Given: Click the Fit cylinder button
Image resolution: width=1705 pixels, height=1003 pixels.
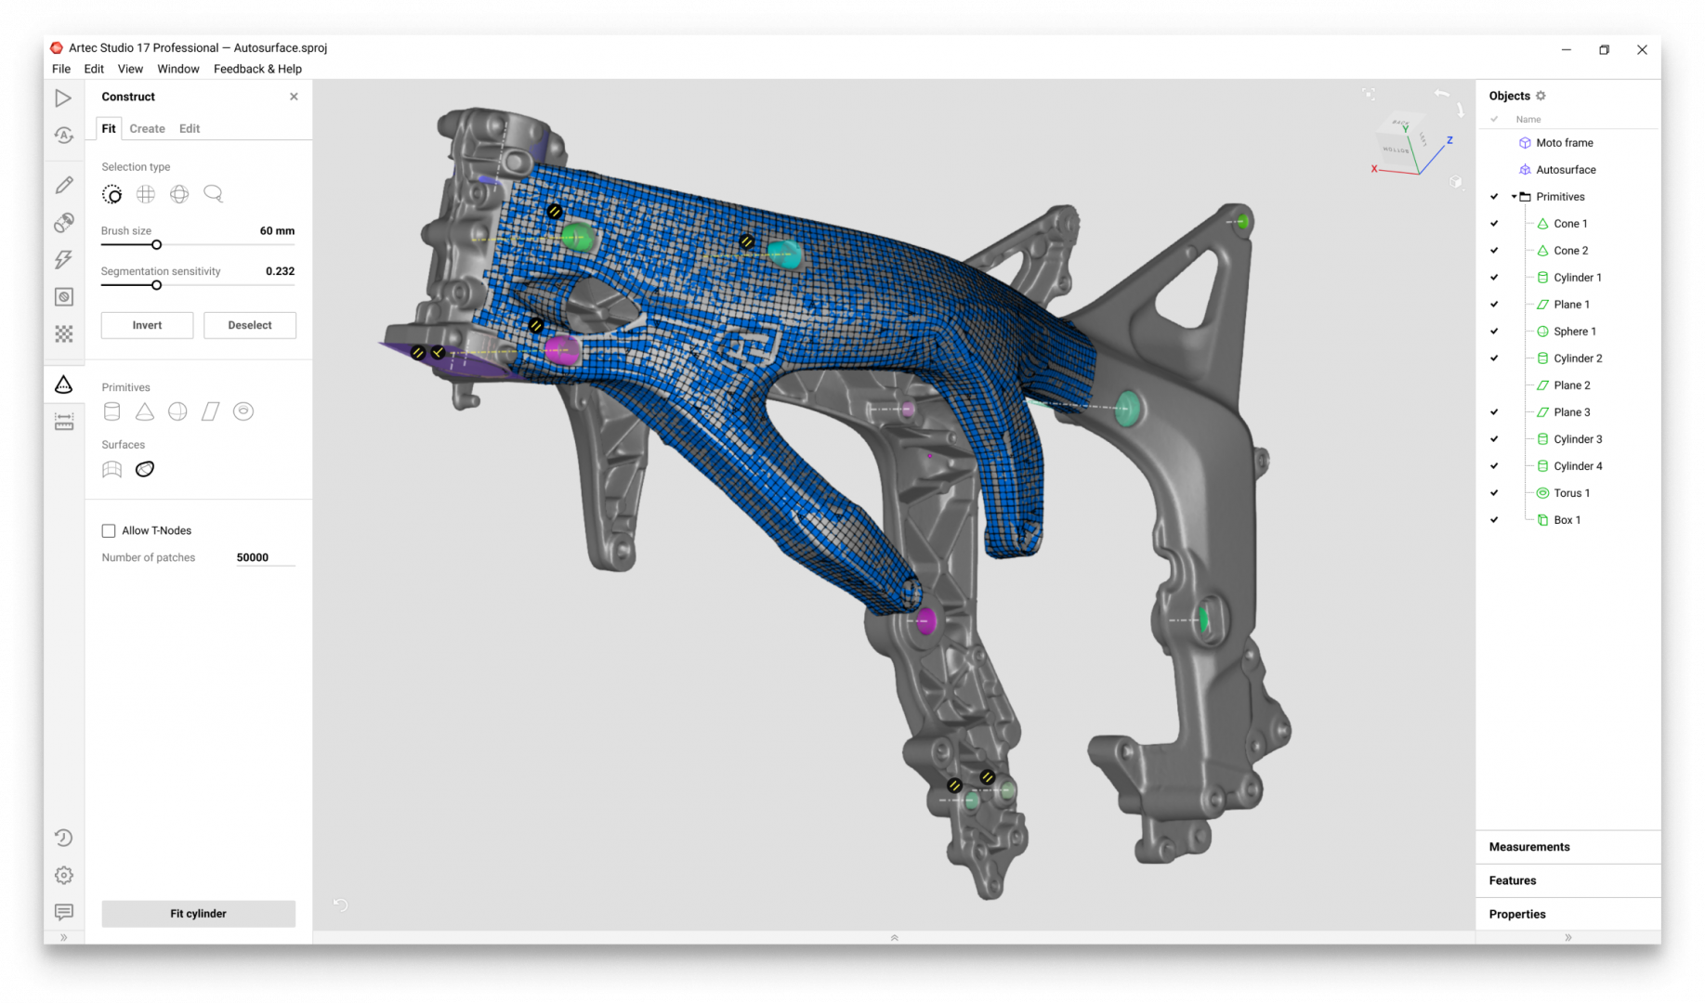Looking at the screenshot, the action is coord(198,913).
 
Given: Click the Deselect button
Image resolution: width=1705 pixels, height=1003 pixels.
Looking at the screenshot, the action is coord(250,325).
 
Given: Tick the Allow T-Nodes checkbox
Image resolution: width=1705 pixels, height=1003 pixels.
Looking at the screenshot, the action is coord(109,531).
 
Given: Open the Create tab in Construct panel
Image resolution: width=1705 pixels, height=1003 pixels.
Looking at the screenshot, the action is coord(147,128).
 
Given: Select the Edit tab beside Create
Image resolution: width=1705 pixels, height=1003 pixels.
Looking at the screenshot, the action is coord(190,128).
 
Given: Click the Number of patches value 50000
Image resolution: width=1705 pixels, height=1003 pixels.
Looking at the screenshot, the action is coord(253,557).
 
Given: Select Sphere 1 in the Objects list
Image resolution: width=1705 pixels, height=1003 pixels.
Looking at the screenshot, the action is coord(1575,332).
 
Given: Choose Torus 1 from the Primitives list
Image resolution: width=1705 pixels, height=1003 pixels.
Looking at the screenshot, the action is coord(1571,493).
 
